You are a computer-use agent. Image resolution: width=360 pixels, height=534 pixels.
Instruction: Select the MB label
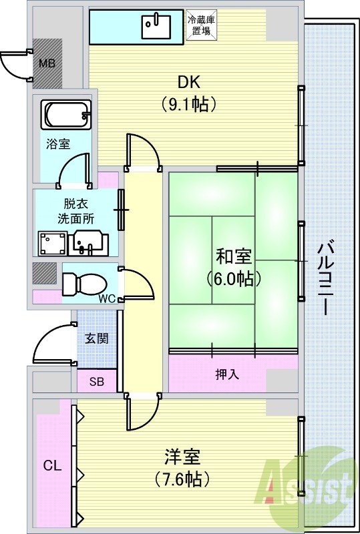click(47, 64)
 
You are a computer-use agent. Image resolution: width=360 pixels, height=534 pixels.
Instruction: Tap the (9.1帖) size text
click(190, 104)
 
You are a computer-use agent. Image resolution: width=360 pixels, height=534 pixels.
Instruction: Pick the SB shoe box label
click(97, 382)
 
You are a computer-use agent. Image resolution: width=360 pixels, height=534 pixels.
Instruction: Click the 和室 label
click(234, 256)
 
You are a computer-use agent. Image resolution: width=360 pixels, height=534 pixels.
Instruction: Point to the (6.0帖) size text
click(234, 278)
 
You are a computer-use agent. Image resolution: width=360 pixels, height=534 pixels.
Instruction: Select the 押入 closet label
click(227, 374)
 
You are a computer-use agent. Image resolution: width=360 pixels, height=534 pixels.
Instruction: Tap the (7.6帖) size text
click(182, 479)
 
